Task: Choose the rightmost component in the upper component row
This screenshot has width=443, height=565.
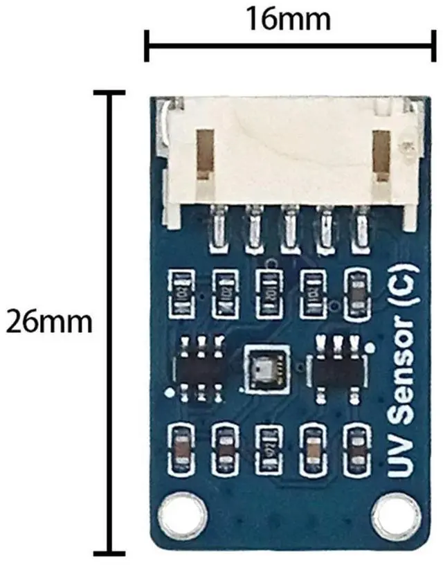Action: (x=358, y=293)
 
